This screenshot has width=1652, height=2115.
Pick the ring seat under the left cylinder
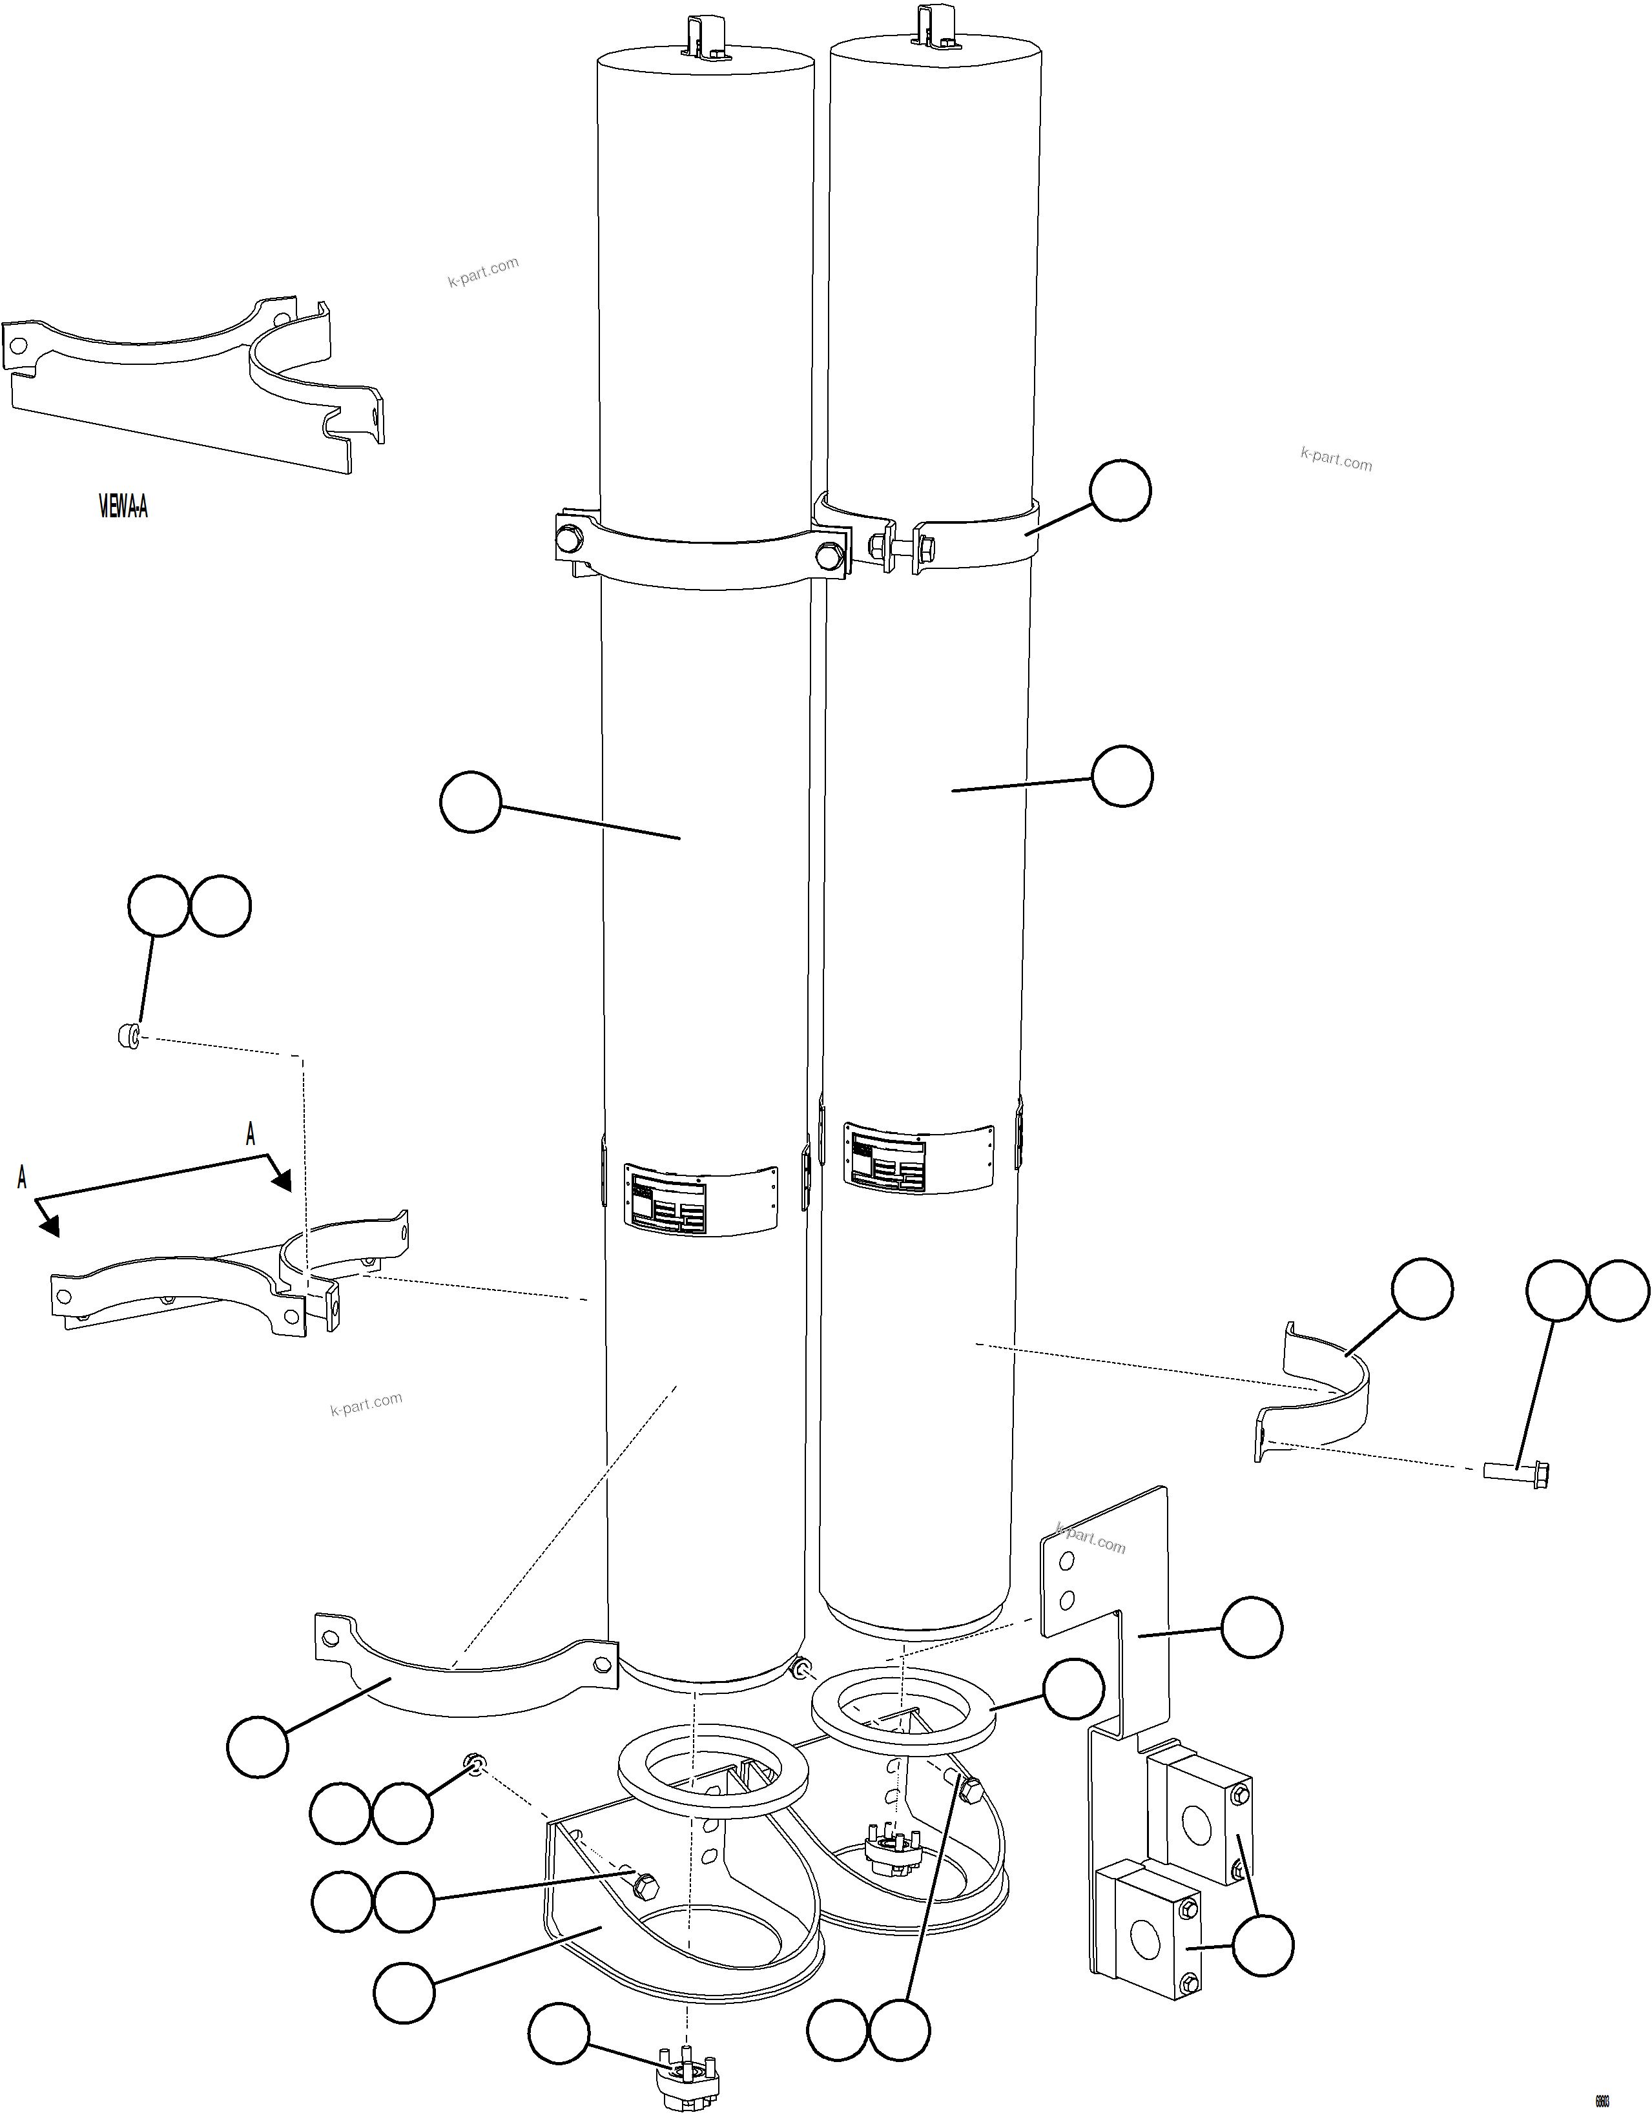[x=712, y=1769]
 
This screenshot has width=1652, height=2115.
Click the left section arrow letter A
[x=21, y=1177]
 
